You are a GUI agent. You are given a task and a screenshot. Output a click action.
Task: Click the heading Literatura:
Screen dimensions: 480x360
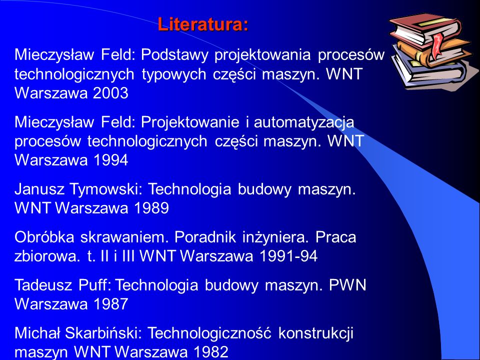pyautogui.click(x=203, y=24)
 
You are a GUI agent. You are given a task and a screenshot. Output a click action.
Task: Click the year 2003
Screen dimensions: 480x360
pyautogui.click(x=110, y=93)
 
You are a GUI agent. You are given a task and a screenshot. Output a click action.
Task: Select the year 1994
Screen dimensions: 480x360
pyautogui.click(x=110, y=160)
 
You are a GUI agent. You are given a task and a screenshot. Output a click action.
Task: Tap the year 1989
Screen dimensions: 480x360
pyautogui.click(x=151, y=208)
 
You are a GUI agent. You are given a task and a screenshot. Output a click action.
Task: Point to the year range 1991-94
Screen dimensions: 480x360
pyautogui.click(x=288, y=256)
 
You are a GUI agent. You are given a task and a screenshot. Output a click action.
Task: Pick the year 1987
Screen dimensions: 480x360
pyautogui.click(x=110, y=304)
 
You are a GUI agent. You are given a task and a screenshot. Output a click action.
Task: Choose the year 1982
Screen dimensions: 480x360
pyautogui.click(x=211, y=351)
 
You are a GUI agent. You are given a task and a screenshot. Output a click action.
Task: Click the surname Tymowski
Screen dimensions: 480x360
pyautogui.click(x=106, y=189)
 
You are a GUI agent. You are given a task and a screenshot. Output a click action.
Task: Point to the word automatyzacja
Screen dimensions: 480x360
pyautogui.click(x=304, y=122)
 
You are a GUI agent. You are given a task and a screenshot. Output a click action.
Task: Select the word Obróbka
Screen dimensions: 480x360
pyautogui.click(x=44, y=237)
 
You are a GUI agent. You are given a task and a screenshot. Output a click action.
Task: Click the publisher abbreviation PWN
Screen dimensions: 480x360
pyautogui.click(x=348, y=285)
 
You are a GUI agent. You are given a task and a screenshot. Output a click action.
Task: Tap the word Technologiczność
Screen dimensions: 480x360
pyautogui.click(x=209, y=333)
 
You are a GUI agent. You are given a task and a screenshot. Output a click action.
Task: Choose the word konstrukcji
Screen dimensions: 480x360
pyautogui.click(x=315, y=333)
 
